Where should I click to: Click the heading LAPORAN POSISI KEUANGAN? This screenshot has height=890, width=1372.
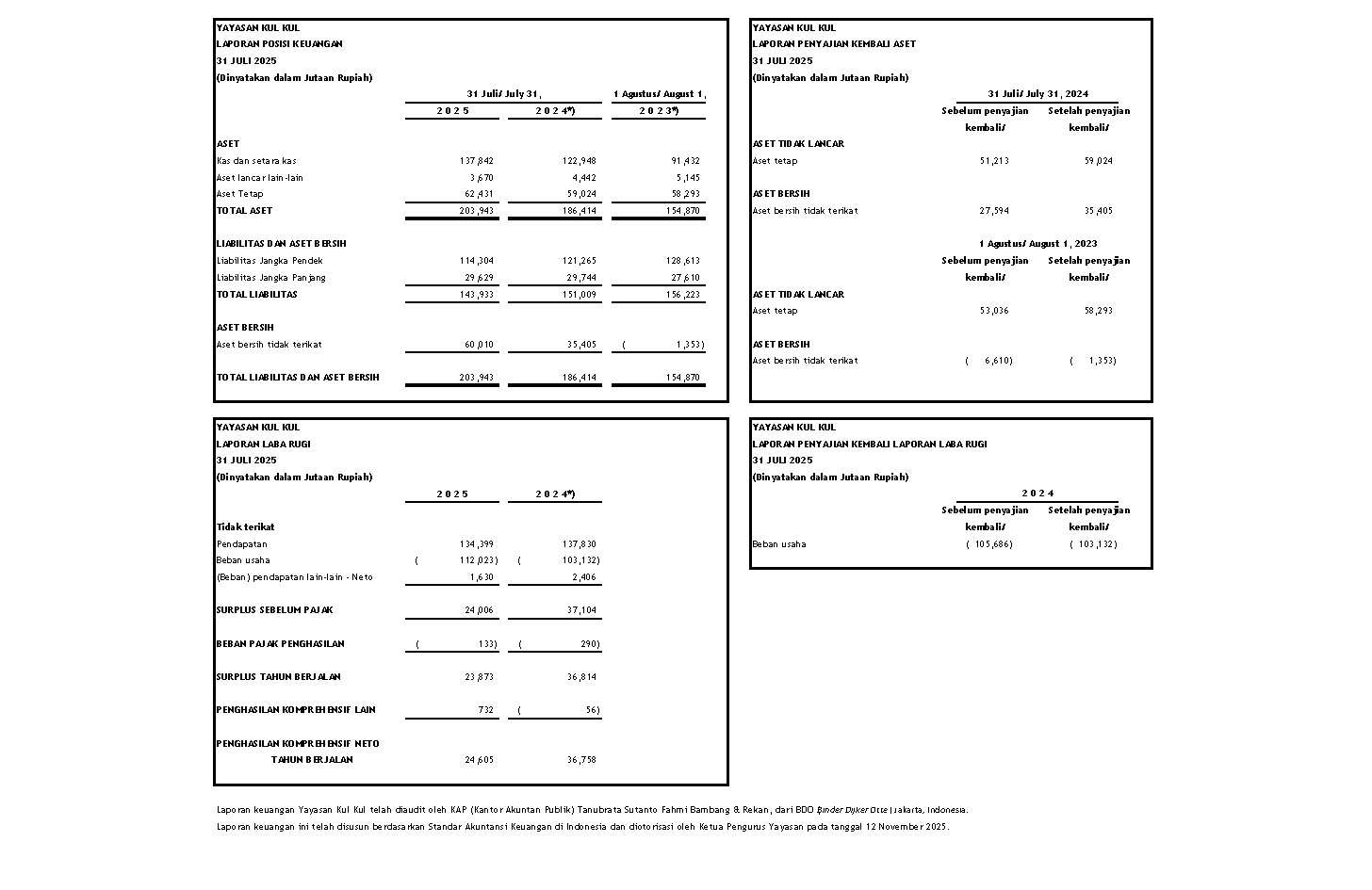point(280,44)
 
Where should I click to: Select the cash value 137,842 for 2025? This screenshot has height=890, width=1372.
point(476,161)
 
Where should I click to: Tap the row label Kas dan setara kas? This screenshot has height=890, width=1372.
point(256,161)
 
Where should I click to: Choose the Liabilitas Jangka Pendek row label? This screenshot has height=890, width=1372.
point(269,261)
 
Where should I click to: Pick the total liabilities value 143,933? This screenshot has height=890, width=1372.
point(476,295)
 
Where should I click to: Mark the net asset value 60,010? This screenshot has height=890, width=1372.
point(479,345)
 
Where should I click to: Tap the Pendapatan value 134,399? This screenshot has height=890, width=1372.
point(476,544)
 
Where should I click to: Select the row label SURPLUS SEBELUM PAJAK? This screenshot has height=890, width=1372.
point(274,610)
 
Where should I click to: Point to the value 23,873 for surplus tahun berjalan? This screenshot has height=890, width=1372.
point(479,677)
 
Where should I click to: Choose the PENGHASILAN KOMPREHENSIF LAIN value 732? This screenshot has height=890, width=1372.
point(485,710)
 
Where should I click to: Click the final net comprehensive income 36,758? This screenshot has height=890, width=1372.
point(581,760)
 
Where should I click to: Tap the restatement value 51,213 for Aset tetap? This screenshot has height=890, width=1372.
point(994,161)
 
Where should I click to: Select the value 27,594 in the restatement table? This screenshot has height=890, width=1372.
point(994,211)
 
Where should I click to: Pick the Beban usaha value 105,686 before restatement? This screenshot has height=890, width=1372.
point(992,544)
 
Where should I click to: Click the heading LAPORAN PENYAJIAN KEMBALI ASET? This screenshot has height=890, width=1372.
point(834,44)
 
